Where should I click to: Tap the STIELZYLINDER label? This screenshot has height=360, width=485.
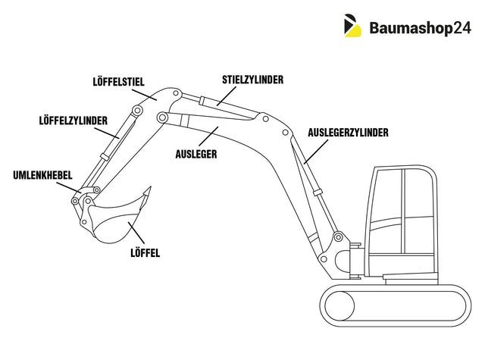point(253,79)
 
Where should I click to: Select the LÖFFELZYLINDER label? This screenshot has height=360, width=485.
point(73,120)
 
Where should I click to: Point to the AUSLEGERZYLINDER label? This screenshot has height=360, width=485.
point(349,132)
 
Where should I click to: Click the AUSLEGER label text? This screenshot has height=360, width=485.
point(196,154)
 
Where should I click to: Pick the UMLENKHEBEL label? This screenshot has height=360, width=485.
point(42,175)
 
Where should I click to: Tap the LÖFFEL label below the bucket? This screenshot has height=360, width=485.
point(145,252)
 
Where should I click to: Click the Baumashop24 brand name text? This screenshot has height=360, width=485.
point(420,28)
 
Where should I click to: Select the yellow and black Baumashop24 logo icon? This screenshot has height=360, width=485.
point(353,26)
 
